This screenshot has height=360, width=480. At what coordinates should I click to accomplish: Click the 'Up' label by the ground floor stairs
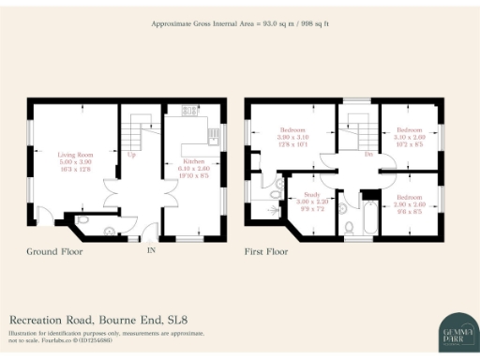130,155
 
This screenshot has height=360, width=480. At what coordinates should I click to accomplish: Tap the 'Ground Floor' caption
55,252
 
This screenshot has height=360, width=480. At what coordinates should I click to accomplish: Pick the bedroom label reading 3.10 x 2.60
409,136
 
